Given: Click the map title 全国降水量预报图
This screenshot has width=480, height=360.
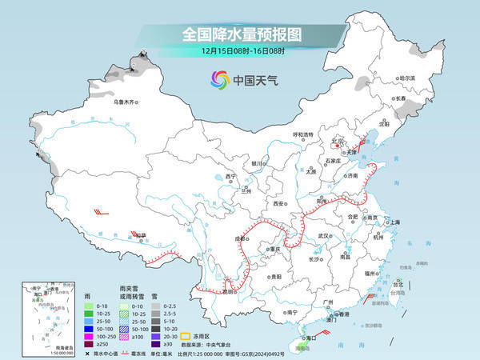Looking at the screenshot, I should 239,34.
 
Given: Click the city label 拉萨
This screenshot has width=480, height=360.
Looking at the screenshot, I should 142,235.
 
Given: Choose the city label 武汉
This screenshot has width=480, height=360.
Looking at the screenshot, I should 323,236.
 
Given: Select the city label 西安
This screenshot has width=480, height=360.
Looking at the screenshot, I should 279,204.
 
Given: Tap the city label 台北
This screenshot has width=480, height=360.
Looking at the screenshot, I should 398,282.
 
